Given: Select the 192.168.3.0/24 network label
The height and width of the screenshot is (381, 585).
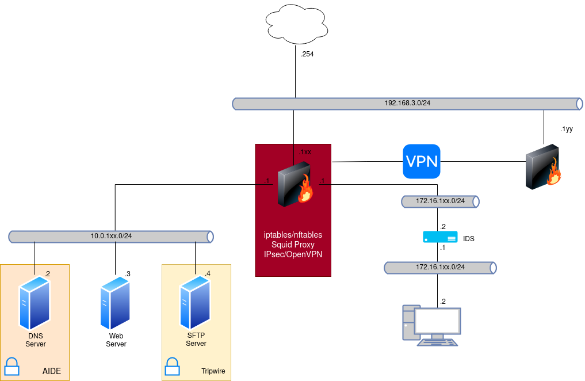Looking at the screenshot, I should point(407,104).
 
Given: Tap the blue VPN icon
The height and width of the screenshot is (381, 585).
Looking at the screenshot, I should point(422,161).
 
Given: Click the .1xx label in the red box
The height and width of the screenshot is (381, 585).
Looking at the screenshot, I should point(305,152).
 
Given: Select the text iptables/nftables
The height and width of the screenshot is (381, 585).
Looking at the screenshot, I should point(293,235).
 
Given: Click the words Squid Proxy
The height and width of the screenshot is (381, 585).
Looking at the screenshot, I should point(293,245).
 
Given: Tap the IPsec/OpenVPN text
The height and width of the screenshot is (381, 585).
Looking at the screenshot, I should point(293,254).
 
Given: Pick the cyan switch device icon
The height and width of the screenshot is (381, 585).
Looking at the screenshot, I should point(440,237).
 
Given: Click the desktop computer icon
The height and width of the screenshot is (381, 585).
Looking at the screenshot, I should point(431,325).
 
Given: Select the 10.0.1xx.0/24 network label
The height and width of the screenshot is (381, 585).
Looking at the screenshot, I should point(111,236).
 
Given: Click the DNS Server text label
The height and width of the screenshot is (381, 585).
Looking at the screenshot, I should point(36,340).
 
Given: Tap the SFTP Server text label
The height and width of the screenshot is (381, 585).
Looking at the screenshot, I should point(196,340).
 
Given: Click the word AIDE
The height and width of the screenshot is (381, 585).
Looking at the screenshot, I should point(52,371).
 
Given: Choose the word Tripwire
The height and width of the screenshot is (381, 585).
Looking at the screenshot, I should point(213,371).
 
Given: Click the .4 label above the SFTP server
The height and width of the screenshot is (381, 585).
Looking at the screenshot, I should point(207,273).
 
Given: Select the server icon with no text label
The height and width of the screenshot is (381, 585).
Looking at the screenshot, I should point(114,303).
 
